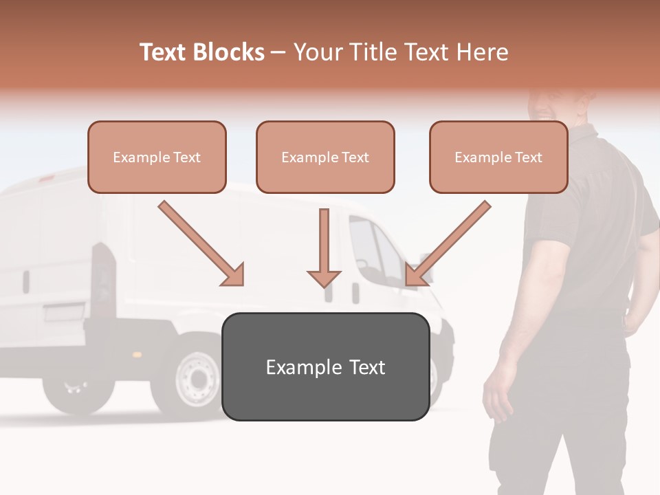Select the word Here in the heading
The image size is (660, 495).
pos(481,52)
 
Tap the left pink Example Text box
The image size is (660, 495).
pos(157,157)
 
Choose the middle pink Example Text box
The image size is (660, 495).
pos(325,157)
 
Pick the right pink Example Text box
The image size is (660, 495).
pos(498,157)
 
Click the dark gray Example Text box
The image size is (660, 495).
pos(325,367)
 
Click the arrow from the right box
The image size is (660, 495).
pos(448,243)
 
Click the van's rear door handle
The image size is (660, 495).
pos(26,282)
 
